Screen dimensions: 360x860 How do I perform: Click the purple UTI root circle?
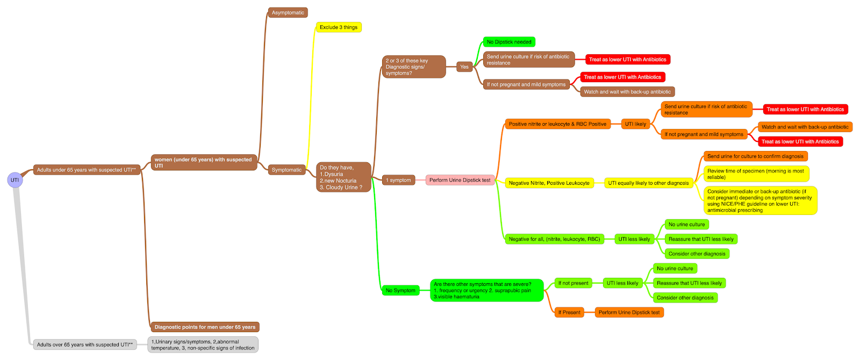pos(15,180)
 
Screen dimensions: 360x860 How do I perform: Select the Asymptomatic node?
pos(288,12)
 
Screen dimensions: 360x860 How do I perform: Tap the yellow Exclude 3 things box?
pos(338,27)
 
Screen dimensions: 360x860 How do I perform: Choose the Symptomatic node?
pos(286,170)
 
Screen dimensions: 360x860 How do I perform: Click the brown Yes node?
pos(464,67)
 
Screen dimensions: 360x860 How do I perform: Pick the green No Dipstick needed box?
pos(508,42)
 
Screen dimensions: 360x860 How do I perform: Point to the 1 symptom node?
pos(398,180)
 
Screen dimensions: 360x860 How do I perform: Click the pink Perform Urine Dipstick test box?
pos(460,180)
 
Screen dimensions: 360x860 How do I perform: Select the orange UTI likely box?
pos(635,124)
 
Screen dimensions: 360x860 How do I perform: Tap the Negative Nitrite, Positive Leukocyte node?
pos(549,183)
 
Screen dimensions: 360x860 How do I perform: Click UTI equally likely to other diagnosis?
pos(648,183)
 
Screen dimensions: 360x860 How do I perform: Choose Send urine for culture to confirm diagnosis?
pos(755,156)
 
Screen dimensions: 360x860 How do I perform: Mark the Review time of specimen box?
pos(756,174)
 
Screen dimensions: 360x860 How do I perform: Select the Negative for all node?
pos(554,239)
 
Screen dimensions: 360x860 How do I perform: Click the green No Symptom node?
pos(400,290)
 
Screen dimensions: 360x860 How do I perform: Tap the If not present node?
pos(573,283)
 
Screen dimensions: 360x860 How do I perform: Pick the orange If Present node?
pos(569,312)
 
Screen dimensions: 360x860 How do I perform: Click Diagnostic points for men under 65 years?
pos(205,327)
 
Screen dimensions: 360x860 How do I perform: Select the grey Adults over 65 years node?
pos(84,344)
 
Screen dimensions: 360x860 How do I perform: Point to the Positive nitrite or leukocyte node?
pos(557,124)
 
